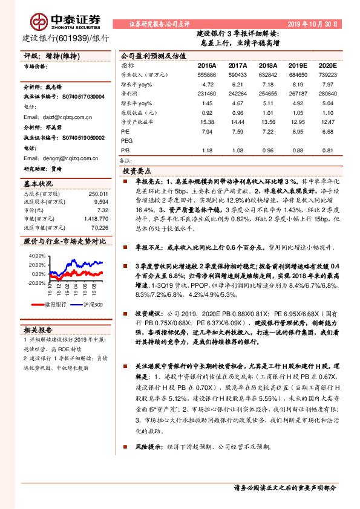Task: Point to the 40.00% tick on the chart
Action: [36, 255]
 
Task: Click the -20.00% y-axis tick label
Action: [36, 282]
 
